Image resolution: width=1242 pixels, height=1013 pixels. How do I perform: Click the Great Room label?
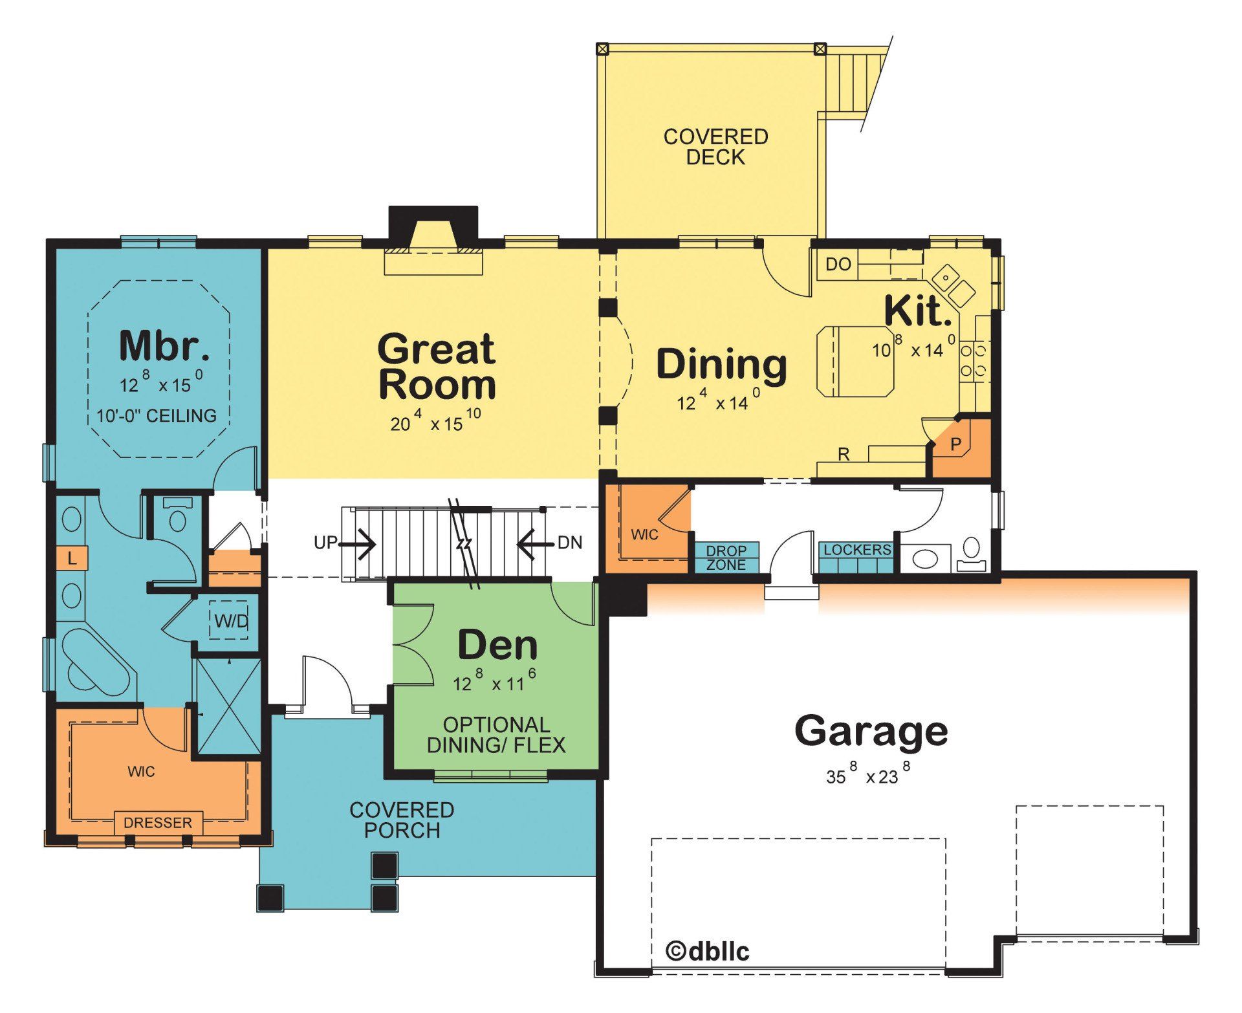[x=437, y=366]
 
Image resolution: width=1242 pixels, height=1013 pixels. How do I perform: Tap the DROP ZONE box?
[x=726, y=558]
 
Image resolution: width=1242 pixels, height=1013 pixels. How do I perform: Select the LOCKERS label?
[x=857, y=550]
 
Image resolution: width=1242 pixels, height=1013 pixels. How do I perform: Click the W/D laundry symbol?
[x=231, y=622]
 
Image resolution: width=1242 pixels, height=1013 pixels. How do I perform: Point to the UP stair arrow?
[x=358, y=543]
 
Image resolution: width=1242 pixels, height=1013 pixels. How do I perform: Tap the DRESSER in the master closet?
[x=158, y=823]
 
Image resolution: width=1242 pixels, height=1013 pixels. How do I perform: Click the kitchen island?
[x=855, y=361]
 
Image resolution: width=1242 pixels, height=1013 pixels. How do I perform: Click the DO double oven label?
[x=838, y=265]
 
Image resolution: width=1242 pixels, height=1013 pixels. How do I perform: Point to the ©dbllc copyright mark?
[x=708, y=951]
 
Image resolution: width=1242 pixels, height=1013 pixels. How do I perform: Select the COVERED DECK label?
[x=715, y=147]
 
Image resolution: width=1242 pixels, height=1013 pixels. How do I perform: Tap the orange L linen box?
[x=72, y=558]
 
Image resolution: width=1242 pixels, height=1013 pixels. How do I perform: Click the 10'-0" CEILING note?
[x=157, y=415]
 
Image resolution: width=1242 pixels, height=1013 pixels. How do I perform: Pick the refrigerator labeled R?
[x=844, y=455]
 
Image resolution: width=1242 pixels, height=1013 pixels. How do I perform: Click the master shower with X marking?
[x=228, y=706]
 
